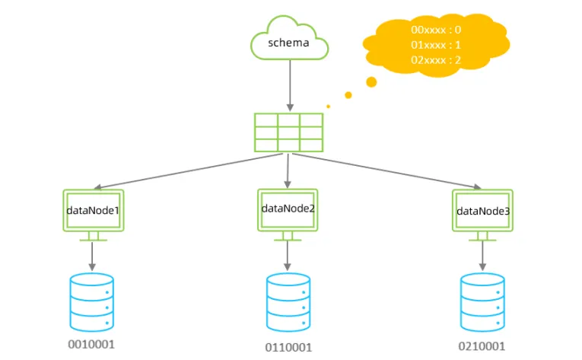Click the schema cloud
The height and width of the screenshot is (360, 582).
coord(289,43)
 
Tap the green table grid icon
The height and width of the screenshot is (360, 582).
coord(288,132)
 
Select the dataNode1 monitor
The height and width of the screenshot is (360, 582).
coord(93,212)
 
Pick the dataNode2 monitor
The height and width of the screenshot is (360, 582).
coord(288,210)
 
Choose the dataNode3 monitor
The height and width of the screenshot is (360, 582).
coord(482,212)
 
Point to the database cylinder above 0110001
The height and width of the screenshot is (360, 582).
coord(288,301)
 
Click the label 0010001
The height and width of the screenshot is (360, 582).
coord(91,343)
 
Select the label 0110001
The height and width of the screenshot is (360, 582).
coord(288,348)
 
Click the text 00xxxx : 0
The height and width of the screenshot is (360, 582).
coord(436,30)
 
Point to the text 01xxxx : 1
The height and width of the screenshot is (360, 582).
coord(436,44)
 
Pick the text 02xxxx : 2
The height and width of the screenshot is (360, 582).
coord(436,59)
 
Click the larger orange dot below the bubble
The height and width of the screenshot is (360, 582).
coord(371,81)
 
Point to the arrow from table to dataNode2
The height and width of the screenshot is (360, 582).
coord(288,169)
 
